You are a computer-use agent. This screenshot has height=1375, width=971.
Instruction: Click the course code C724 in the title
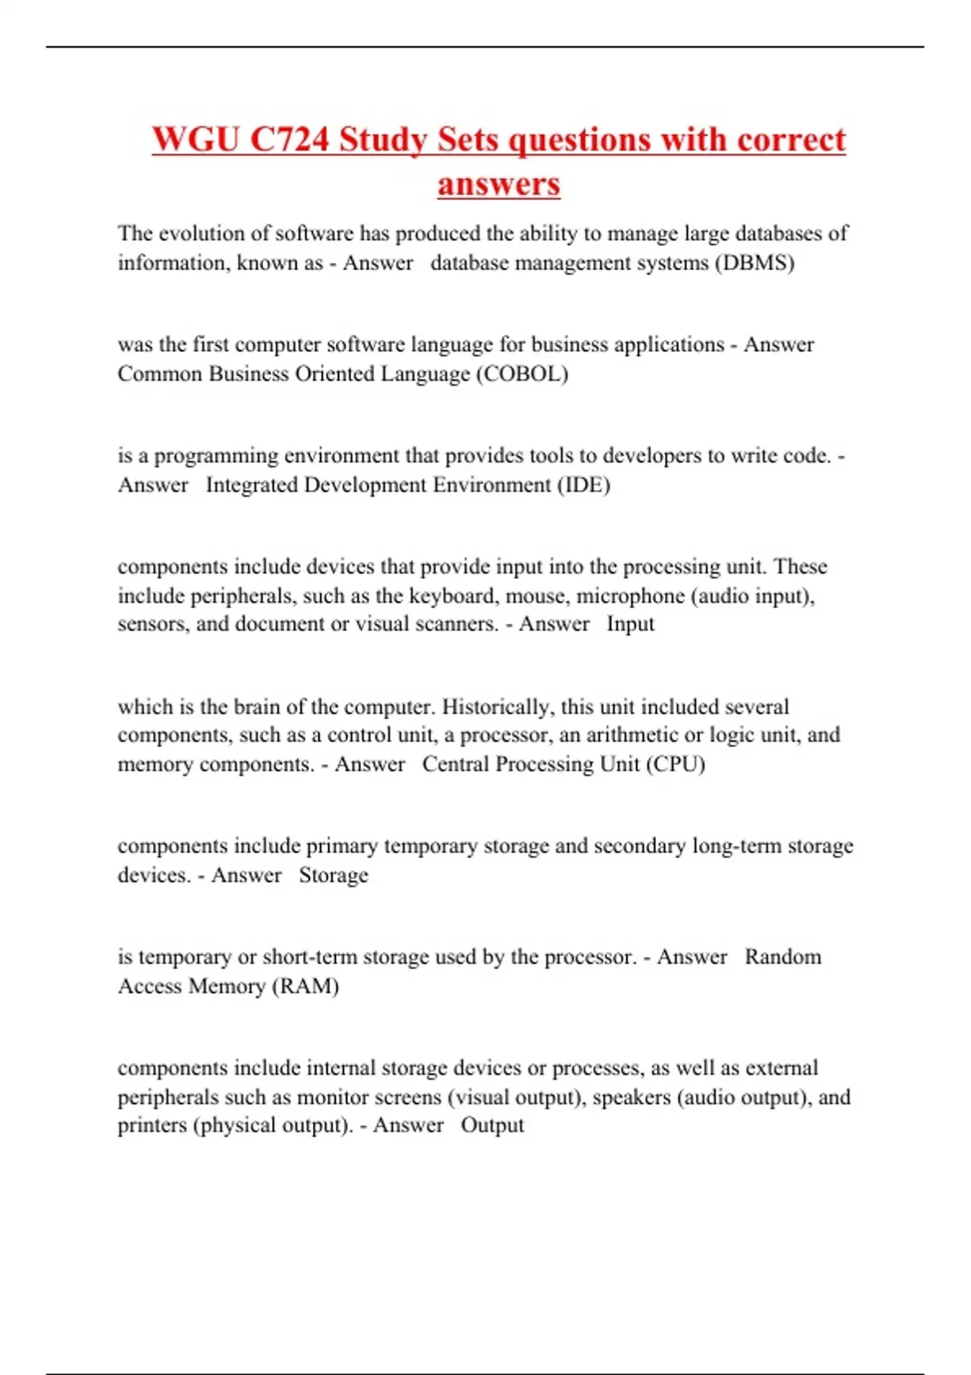coord(290,139)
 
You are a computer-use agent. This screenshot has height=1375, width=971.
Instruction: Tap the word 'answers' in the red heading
coord(498,184)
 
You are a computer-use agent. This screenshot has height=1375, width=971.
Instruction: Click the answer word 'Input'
coord(630,624)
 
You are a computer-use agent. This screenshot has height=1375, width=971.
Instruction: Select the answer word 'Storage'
coord(333,875)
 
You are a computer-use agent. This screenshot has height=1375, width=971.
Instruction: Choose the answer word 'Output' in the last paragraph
coord(492,1125)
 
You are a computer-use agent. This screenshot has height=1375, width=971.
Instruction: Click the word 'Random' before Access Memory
coord(782,957)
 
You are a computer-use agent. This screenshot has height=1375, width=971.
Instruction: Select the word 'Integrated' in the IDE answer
coord(252,484)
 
